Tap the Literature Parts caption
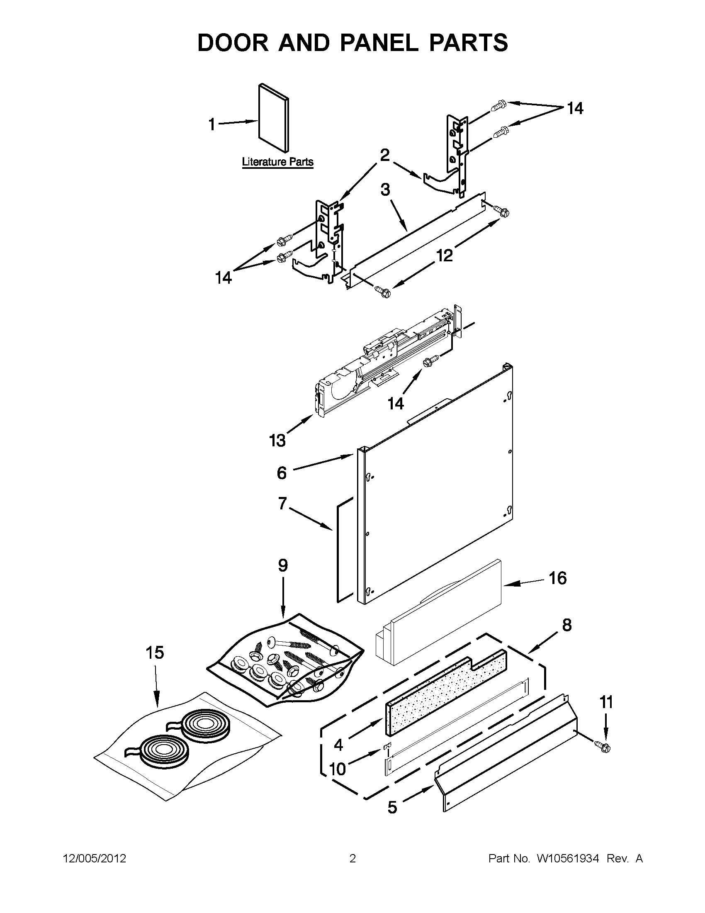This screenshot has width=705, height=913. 277,162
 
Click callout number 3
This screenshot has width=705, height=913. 385,190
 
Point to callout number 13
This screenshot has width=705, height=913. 277,440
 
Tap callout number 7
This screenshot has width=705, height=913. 282,504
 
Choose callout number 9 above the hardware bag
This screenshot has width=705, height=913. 283,566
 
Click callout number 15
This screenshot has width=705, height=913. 155,652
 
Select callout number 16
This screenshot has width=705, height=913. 557,578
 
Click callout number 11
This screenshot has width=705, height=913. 606,703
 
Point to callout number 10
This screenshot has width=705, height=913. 338,768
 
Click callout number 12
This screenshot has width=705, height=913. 445,255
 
